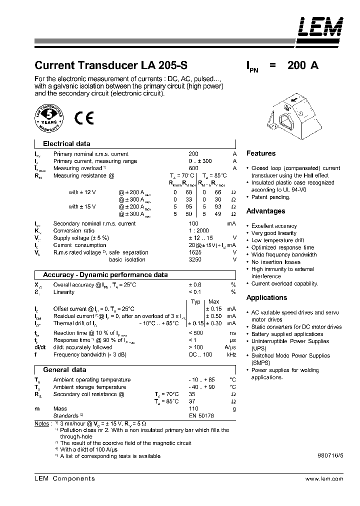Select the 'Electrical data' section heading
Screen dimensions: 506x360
pyautogui.click(x=66, y=143)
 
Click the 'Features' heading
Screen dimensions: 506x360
pyautogui.click(x=261, y=153)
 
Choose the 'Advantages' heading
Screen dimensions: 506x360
pyautogui.click(x=265, y=211)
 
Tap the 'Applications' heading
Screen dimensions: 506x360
pyautogui.click(x=266, y=297)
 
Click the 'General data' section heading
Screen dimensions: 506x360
pyautogui.click(x=64, y=369)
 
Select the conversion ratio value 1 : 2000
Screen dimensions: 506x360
pyautogui.click(x=199, y=230)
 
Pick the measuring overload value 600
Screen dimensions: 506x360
pyautogui.click(x=193, y=168)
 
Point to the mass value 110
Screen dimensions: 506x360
pyautogui.click(x=193, y=408)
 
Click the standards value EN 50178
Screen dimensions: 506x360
pyautogui.click(x=201, y=415)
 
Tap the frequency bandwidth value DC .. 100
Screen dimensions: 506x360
pyautogui.click(x=200, y=354)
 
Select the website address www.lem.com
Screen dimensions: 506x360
pyautogui.click(x=323, y=478)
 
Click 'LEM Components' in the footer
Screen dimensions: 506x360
pyautogui.click(x=64, y=478)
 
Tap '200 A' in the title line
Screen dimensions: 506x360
pyautogui.click(x=303, y=65)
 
